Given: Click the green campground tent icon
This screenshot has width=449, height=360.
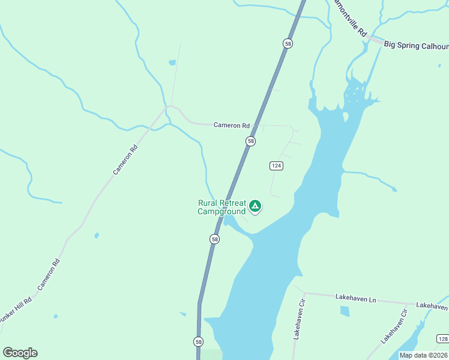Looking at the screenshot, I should (255, 206).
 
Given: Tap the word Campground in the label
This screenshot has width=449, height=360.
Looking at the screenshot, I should (221, 211).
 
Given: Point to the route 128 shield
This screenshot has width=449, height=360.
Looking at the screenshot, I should (442, 339).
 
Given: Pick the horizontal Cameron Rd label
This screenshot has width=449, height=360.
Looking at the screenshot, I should (231, 125).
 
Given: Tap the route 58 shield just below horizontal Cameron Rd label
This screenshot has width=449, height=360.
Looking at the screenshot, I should (250, 141).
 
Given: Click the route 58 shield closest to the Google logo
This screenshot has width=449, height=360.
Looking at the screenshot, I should (198, 341).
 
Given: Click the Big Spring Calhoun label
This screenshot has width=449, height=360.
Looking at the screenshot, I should (415, 45).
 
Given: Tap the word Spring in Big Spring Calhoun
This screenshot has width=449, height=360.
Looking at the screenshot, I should (410, 45).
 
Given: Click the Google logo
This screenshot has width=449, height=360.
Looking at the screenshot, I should (20, 353).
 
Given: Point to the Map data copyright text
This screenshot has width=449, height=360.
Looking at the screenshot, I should (423, 355).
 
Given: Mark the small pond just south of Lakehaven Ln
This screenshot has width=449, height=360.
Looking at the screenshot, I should (345, 311).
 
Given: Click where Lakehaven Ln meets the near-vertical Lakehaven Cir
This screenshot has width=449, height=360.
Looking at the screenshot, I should (304, 293).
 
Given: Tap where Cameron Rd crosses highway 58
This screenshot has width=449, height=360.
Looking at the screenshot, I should (256, 126).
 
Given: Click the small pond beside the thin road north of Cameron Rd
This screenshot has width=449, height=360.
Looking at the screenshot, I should (172, 62).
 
